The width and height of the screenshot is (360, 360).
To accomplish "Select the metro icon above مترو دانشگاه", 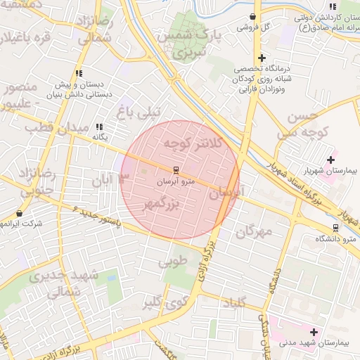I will [335, 227].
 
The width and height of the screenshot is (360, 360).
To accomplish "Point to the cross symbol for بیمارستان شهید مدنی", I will [314, 331].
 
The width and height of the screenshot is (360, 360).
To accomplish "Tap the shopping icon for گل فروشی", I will [252, 16].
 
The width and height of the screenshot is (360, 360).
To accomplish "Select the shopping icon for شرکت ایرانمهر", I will [19, 213].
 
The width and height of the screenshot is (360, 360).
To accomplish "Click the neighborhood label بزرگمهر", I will [162, 202].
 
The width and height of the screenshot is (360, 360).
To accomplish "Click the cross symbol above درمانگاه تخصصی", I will [262, 58].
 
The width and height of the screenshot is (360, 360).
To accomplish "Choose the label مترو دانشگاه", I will [340, 239].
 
